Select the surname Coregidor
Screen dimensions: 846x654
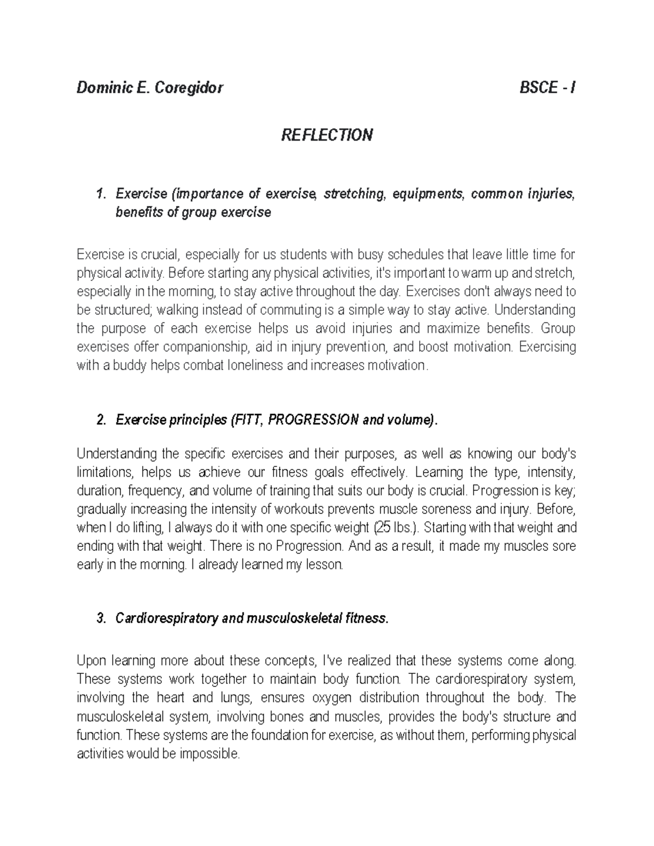[x=189, y=88]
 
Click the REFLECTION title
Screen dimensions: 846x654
[x=326, y=135]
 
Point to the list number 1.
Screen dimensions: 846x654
[x=99, y=194]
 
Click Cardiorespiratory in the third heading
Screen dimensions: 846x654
[x=168, y=618]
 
